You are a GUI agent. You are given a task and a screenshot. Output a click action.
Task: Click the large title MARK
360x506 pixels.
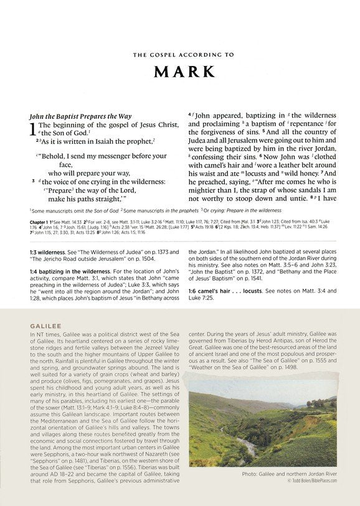click(179, 72)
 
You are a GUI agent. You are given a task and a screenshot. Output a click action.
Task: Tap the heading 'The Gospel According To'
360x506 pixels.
click(179, 55)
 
